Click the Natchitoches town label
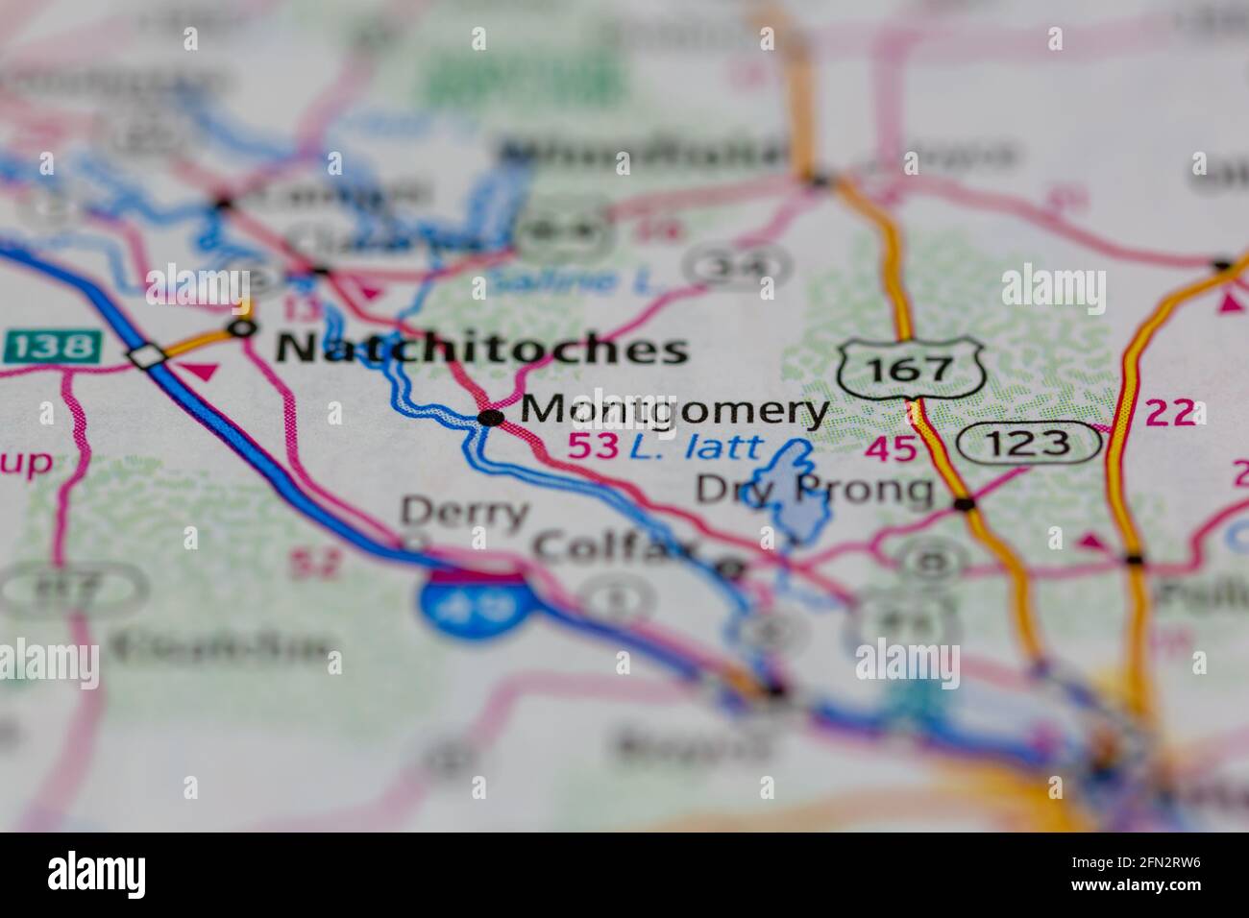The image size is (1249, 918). click(481, 349)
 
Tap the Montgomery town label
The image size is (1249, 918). click(673, 411)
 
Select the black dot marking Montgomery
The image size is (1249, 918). click(491, 417)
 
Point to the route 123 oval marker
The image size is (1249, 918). click(1028, 443)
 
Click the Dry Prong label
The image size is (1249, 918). click(815, 490)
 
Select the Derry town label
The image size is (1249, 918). click(464, 512)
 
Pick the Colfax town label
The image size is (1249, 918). click(615, 548)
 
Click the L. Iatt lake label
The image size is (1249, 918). click(695, 447)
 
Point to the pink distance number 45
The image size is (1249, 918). click(891, 447)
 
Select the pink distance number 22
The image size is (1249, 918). click(1169, 414)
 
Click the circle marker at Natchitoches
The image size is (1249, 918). click(241, 328)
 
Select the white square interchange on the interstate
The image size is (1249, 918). click(148, 356)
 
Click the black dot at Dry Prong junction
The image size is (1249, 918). click(965, 503)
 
